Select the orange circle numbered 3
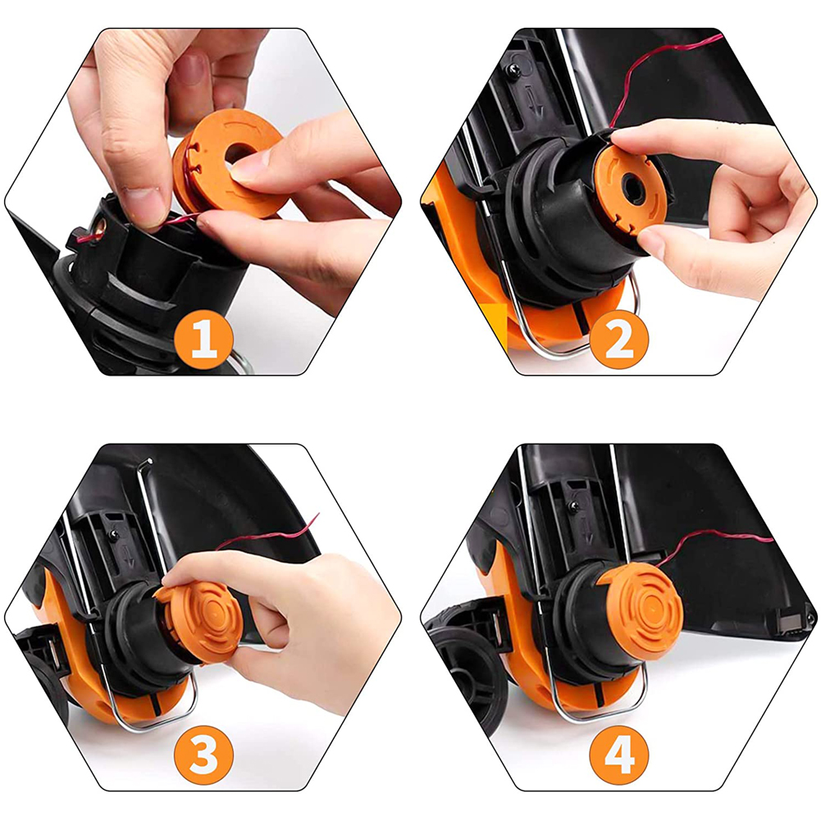pos(204,755)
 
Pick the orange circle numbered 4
pos(618,755)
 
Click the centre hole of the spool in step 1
pos(240,153)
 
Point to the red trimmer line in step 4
pos(722,537)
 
